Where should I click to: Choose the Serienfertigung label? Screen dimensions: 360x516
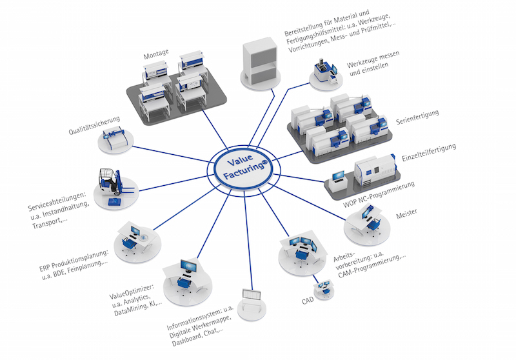point(417,116)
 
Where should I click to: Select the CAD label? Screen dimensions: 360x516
point(308,301)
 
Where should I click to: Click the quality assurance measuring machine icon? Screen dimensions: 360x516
point(117,139)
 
